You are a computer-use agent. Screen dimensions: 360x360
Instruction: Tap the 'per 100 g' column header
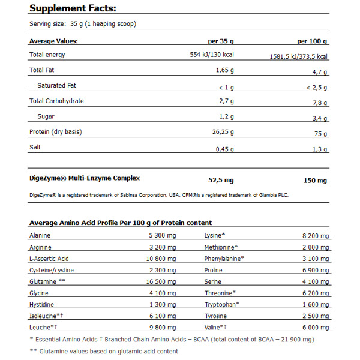point(313,41)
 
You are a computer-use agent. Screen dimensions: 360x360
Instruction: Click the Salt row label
point(35,148)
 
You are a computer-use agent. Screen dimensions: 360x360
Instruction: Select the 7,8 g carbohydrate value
point(320,102)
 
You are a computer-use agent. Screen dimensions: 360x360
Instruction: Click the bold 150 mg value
point(316,180)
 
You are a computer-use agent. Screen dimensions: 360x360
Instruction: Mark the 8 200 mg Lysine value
point(315,235)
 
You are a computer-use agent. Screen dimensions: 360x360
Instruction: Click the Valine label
point(217,327)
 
